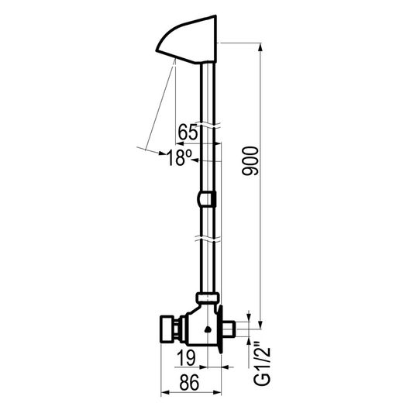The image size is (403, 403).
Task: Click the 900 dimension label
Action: (250, 161)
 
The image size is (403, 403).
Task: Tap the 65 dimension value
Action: (188, 132)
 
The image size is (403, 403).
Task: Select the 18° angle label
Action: (180, 158)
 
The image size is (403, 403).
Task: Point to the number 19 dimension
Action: (187, 358)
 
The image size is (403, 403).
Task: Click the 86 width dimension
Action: (190, 382)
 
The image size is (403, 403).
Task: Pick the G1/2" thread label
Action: (263, 363)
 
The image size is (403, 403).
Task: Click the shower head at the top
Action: (187, 40)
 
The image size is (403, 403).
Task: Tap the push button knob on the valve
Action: (167, 329)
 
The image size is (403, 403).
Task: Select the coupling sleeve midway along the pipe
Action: (207, 199)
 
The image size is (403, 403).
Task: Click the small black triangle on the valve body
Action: (208, 329)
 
